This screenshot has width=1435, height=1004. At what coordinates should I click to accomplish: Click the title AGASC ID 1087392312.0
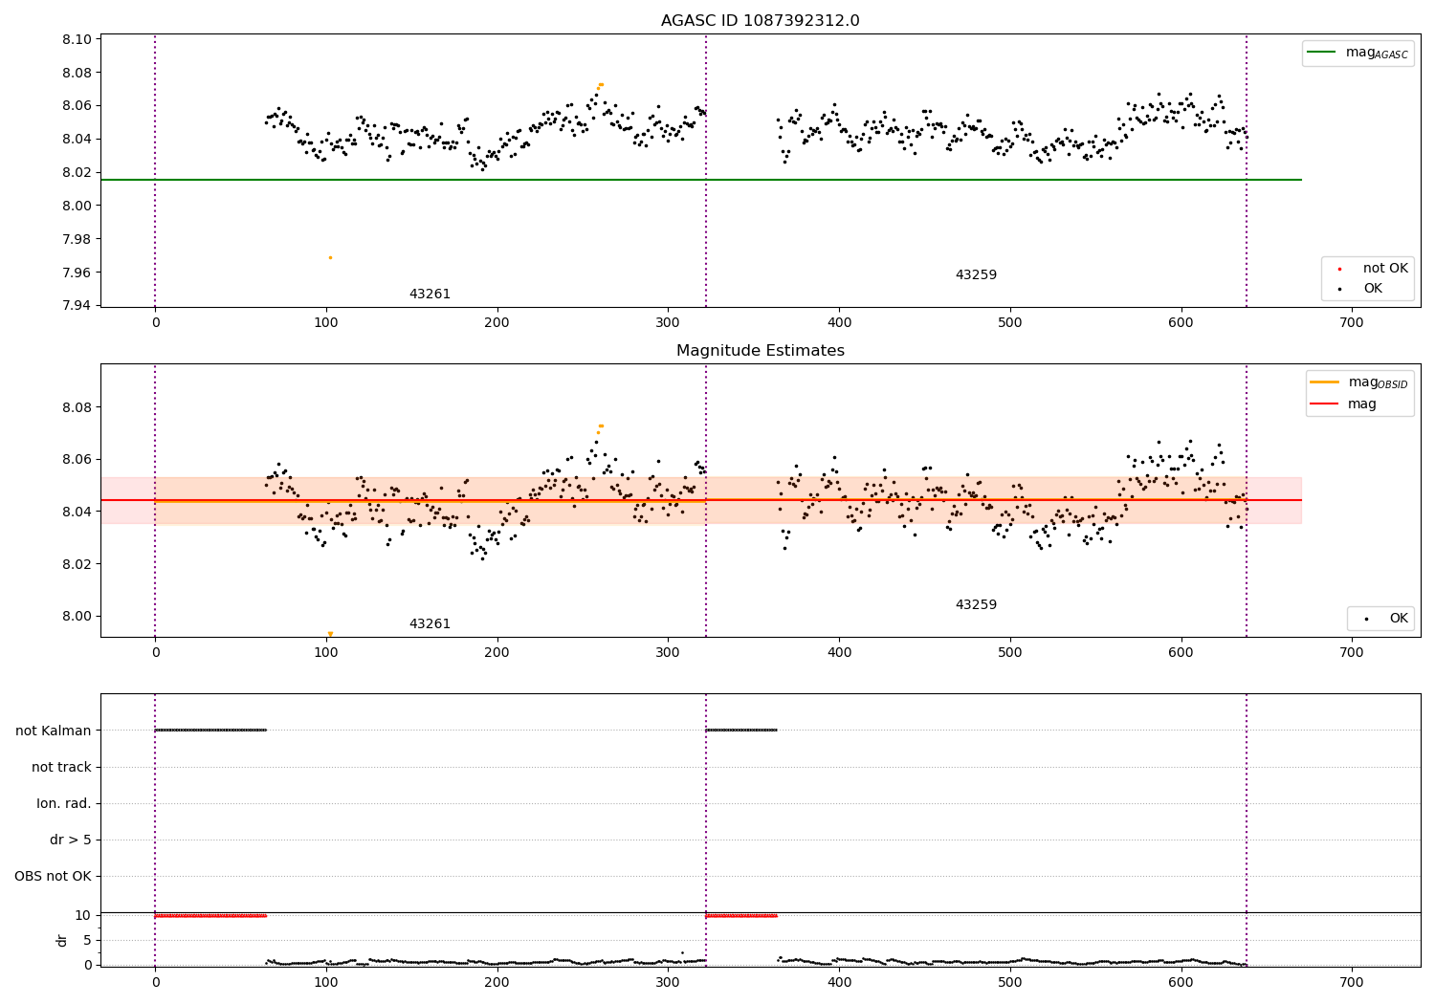(760, 21)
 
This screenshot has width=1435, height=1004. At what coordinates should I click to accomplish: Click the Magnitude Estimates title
(760, 351)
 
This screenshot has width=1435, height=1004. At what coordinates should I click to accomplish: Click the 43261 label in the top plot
(430, 295)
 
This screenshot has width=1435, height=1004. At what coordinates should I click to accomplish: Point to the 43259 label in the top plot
(976, 275)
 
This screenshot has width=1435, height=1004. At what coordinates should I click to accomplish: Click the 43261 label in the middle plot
(430, 624)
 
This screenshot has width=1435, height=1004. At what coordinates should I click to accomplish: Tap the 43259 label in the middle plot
(976, 605)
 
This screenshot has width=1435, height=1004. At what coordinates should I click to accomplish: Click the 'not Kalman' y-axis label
(54, 731)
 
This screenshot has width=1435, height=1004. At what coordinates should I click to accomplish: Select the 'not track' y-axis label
(61, 767)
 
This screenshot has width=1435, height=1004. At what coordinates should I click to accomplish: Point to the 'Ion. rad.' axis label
(64, 803)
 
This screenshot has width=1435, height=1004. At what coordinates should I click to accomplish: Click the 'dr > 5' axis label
(71, 840)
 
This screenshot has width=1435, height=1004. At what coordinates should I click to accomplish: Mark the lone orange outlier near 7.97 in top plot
(330, 257)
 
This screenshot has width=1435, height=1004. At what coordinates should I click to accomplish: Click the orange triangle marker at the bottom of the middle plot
(330, 634)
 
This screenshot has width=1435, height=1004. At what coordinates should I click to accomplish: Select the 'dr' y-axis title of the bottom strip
(62, 940)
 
